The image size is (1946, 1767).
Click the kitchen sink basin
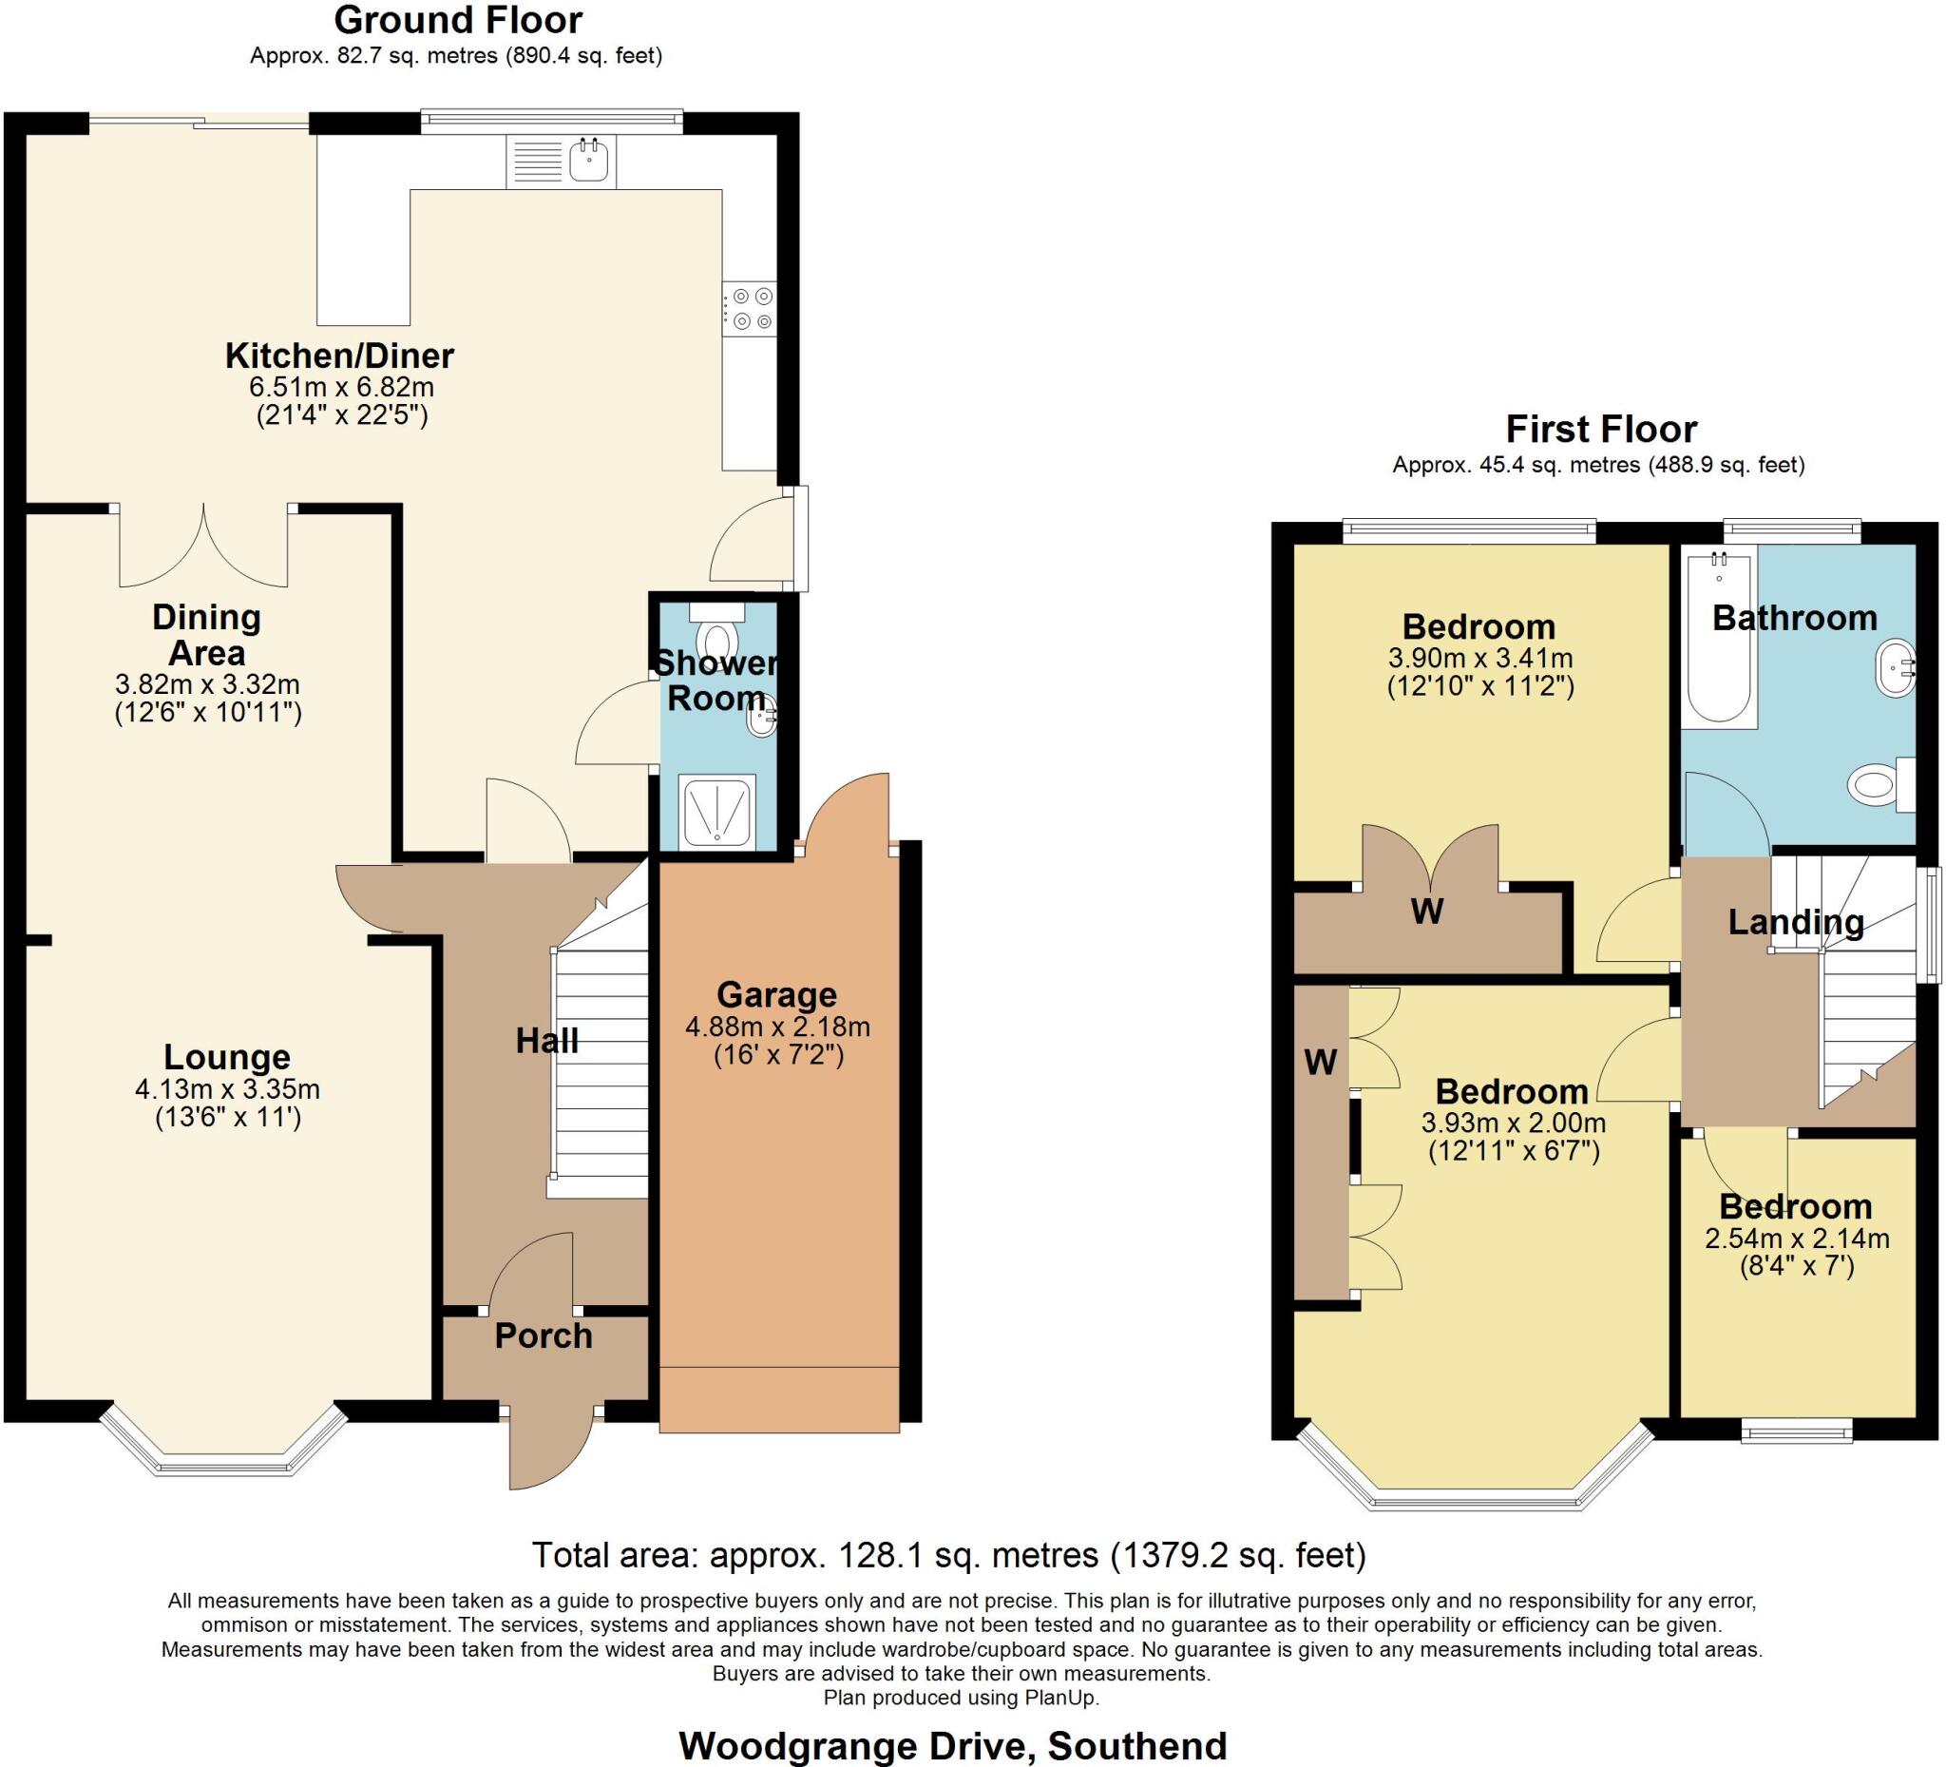pos(588,161)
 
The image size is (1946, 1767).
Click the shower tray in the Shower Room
pos(716,812)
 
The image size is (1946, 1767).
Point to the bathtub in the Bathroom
pos(1719,637)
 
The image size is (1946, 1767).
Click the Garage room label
pos(777,994)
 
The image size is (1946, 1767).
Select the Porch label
pos(544,1336)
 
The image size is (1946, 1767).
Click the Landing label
pos(1796,922)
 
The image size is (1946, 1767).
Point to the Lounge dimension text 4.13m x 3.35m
pos(227,1089)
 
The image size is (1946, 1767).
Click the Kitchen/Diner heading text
pos(340,356)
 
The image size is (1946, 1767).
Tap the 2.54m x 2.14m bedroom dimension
pos(1797,1239)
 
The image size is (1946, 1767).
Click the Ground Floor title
pos(459,20)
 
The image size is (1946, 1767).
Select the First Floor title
pos(1601,429)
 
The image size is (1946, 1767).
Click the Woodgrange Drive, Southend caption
pos(953,1746)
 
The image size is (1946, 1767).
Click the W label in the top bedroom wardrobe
pos(1426,911)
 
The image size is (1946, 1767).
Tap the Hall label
pos(546,1041)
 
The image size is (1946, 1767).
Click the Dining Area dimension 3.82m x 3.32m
pos(207,684)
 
